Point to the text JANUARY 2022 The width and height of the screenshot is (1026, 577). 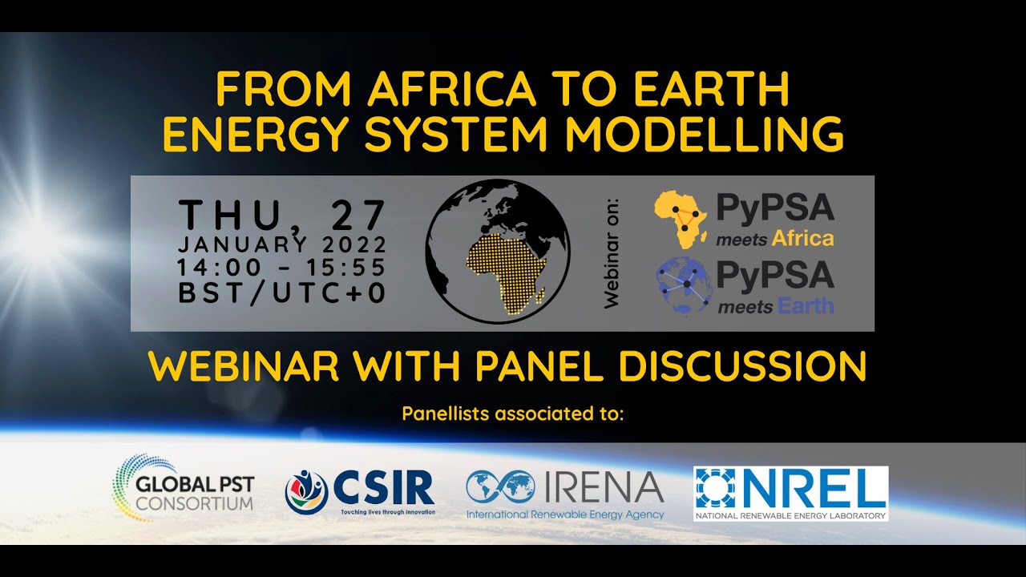(x=282, y=244)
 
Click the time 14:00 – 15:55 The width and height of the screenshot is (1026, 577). (x=282, y=268)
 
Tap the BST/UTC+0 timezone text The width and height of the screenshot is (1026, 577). (x=282, y=293)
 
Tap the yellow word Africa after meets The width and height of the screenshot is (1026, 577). (x=802, y=238)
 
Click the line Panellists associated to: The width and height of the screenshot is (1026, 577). (x=512, y=414)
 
